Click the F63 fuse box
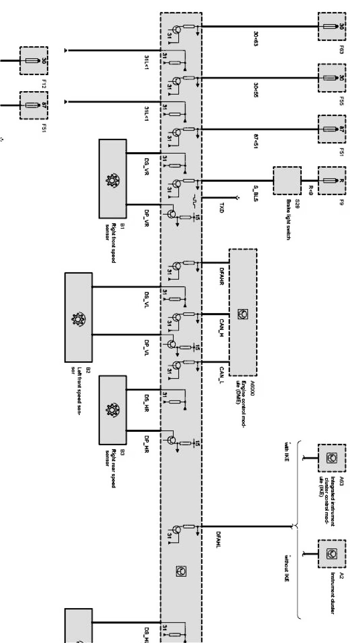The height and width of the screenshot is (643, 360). point(332,26)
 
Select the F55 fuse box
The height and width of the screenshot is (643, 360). point(332,78)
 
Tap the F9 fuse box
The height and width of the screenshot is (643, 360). point(332,180)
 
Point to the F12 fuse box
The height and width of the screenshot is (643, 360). point(34,61)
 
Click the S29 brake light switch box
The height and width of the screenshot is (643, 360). point(287,180)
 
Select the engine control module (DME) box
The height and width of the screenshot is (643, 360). point(243,312)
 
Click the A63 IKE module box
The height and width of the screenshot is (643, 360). point(332,458)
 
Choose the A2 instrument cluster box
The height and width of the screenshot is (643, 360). point(332,553)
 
